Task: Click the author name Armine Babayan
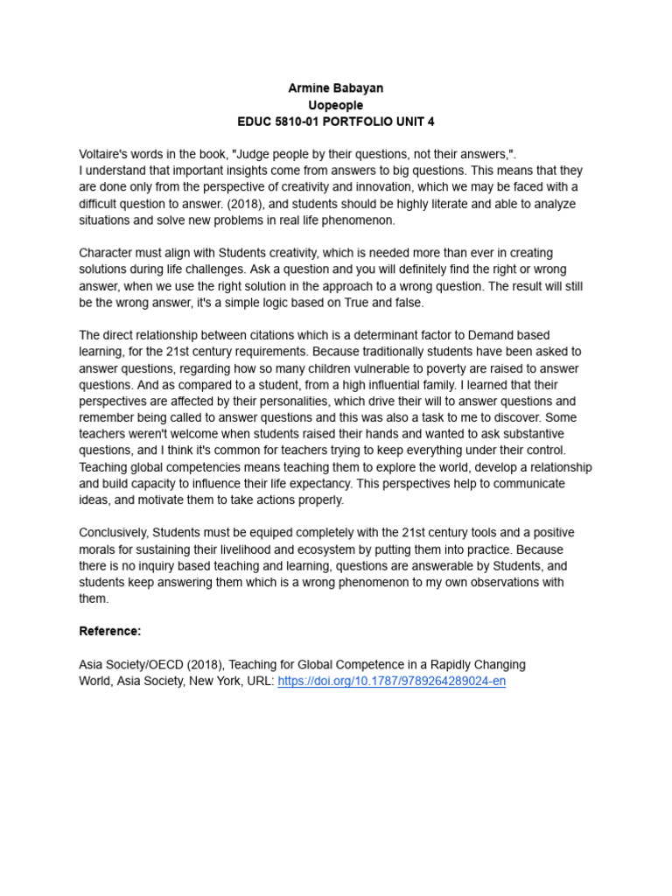point(336,88)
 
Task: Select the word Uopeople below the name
point(336,105)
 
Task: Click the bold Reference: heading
point(110,631)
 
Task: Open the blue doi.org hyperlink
point(391,681)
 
